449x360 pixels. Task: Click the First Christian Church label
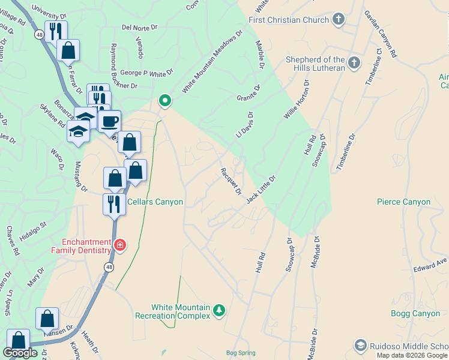[289, 20]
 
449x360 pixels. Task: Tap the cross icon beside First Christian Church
[339, 19]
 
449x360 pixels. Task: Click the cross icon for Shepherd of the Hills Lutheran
[354, 62]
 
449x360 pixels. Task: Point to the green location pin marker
[164, 101]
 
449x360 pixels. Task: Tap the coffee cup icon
[109, 122]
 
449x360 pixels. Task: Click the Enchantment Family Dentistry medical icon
[119, 245]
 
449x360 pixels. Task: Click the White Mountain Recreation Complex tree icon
[219, 310]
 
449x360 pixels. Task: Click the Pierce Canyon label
[404, 202]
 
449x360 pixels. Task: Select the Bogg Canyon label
[415, 313]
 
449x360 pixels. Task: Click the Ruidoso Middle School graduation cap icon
[360, 345]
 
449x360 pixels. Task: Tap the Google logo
[20, 353]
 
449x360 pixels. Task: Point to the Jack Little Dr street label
[261, 188]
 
